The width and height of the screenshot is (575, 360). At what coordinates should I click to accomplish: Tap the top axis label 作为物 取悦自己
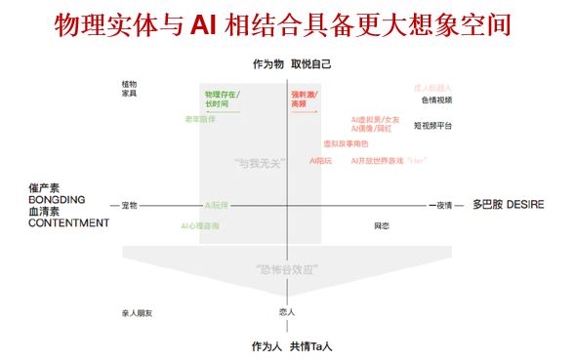click(x=292, y=64)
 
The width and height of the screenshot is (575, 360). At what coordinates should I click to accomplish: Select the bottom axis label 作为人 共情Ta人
click(x=292, y=346)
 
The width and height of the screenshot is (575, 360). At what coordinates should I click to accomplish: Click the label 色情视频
click(x=436, y=100)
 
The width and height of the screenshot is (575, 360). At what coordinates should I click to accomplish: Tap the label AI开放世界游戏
click(x=376, y=160)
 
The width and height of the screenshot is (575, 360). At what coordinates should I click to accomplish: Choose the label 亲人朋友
click(x=136, y=313)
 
